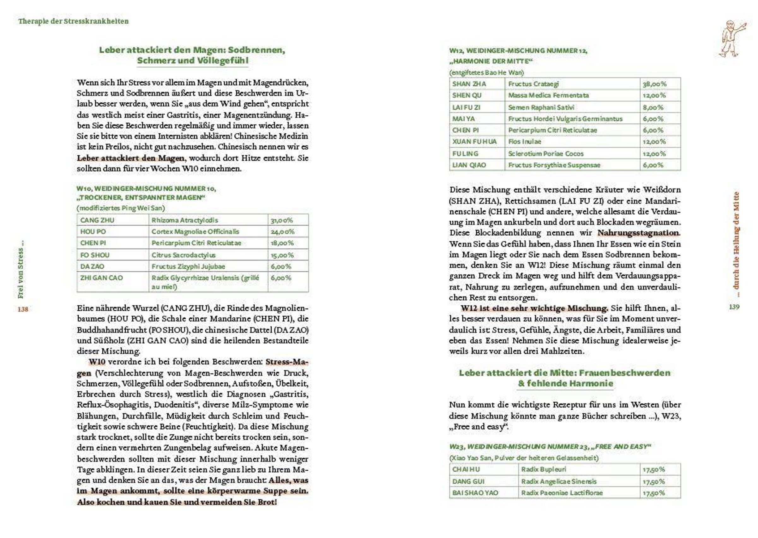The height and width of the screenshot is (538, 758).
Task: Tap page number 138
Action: coord(23,309)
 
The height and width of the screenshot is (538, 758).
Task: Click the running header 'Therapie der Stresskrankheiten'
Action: coord(73,21)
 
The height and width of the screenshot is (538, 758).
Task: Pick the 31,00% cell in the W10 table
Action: coord(282,220)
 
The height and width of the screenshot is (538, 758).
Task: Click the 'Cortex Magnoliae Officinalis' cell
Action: coord(195,232)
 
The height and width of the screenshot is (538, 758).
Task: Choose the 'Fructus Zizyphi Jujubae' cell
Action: coord(188,266)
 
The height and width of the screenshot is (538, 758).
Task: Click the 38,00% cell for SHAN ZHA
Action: coord(654,84)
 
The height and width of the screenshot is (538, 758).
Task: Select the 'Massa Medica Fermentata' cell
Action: coord(548,95)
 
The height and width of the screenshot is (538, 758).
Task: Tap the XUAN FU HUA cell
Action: coord(474,142)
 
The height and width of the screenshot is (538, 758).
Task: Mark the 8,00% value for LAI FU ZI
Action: coord(653,107)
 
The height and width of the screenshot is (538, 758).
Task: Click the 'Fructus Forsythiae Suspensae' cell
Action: coord(554,165)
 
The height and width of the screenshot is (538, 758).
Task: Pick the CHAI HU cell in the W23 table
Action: coord(466,469)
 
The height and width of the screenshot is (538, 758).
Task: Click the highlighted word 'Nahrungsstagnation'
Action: coord(638,233)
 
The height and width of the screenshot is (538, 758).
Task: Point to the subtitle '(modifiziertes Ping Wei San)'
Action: coord(121,208)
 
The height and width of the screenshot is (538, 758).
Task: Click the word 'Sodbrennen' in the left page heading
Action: coord(256,50)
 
